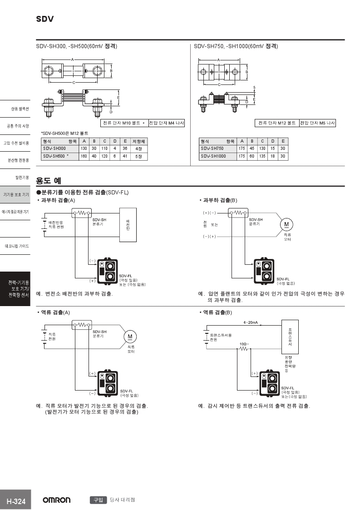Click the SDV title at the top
(x=45, y=19)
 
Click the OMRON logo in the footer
(x=57, y=500)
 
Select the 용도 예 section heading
(x=49, y=180)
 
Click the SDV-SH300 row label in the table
(x=54, y=149)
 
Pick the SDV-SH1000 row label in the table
(x=213, y=156)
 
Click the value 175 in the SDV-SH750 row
(x=242, y=149)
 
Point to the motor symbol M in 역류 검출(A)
(x=130, y=337)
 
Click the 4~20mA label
(x=250, y=322)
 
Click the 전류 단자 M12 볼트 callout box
(x=276, y=123)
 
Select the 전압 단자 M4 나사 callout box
(x=166, y=123)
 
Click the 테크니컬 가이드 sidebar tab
(x=17, y=246)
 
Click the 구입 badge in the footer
(x=98, y=500)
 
